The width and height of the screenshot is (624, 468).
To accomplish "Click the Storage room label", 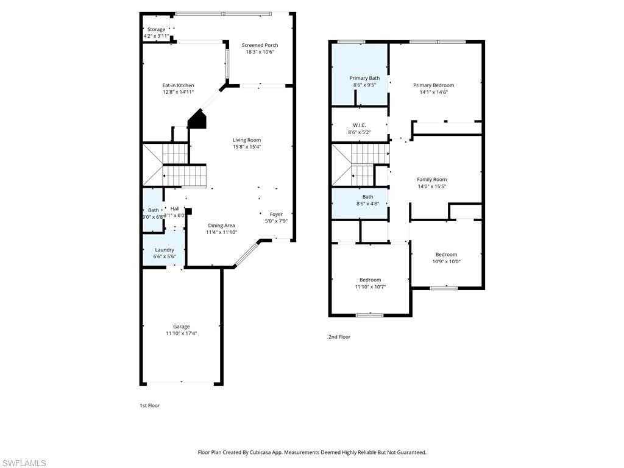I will (156, 29).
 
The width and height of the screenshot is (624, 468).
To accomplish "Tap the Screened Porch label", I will (260, 45).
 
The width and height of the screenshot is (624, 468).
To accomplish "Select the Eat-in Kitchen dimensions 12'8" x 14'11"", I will (178, 92).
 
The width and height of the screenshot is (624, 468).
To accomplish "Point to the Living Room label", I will (247, 140).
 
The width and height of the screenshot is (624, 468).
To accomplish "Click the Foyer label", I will (276, 214).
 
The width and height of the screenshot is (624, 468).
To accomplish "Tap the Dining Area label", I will (221, 225).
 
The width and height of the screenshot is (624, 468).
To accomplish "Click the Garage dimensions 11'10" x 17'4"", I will (181, 333).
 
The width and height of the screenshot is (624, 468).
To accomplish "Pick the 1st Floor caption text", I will (150, 405).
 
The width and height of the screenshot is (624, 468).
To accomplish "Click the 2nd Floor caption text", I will (339, 337).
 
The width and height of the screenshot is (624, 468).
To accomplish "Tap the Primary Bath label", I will (364, 78).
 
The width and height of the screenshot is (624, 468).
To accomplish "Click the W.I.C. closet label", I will (359, 125).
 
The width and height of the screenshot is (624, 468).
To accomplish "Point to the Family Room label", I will (431, 180).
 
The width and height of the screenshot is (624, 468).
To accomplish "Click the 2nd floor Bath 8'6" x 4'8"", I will (367, 200).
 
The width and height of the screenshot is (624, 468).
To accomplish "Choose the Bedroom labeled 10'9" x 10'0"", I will (446, 258).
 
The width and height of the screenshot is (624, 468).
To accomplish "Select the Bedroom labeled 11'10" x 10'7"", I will (370, 283).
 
